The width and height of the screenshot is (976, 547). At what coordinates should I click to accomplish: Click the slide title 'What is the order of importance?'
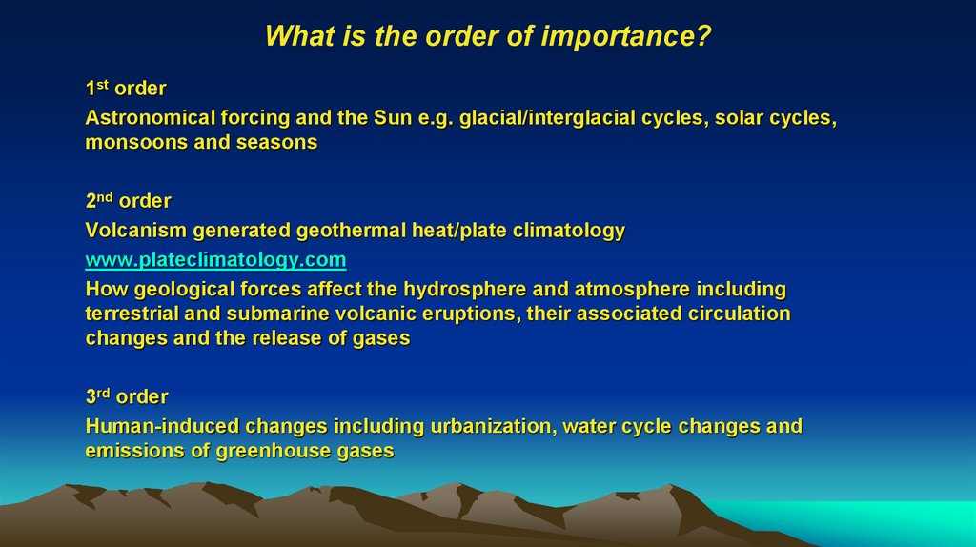488,36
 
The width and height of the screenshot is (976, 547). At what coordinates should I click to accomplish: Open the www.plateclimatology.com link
215,259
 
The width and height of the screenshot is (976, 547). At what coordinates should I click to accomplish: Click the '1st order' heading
126,89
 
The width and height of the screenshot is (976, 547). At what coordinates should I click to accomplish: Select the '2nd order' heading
128,201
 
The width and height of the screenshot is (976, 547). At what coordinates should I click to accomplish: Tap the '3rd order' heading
127,396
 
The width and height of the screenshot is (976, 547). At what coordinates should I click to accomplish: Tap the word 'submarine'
272,314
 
